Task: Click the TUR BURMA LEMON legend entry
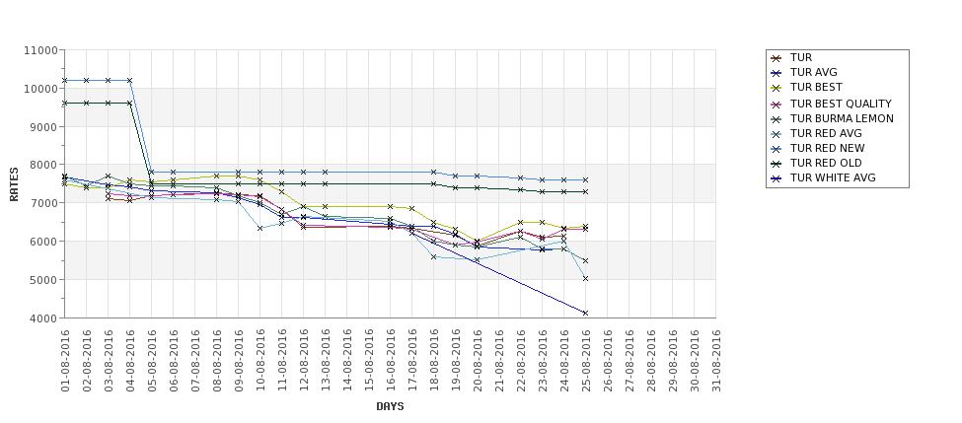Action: pos(841,118)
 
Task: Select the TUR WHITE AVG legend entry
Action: pos(832,178)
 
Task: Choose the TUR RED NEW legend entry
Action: pos(827,148)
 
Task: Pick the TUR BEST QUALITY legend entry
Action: pos(840,104)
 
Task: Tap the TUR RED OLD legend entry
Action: pos(826,163)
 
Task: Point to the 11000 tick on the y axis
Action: pos(39,50)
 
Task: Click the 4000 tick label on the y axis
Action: pos(42,318)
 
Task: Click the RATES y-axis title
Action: pos(14,184)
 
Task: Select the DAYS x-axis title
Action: pos(390,406)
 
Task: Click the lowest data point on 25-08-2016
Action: pos(586,313)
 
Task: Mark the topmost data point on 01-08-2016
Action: pos(65,80)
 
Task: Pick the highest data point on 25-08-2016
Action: pos(586,180)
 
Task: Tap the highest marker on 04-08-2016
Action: pos(130,80)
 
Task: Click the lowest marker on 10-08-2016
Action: pos(260,228)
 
